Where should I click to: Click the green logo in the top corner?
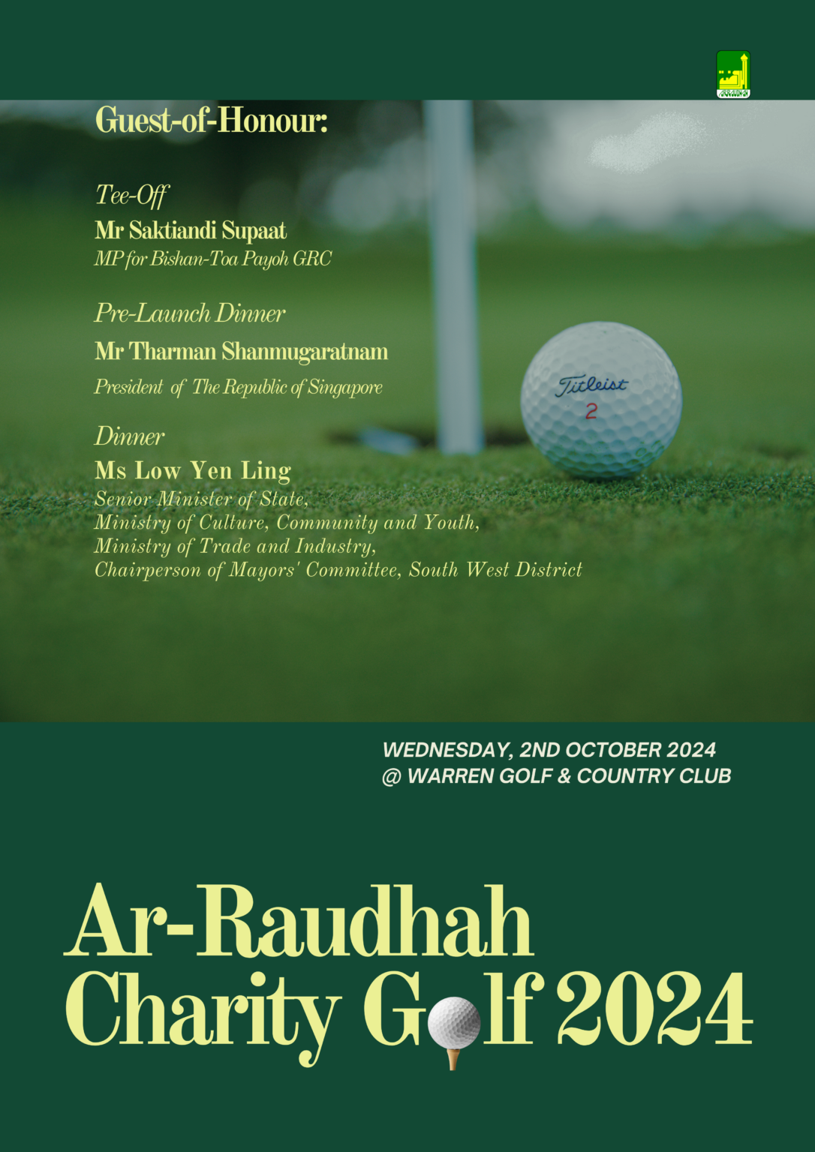click(733, 74)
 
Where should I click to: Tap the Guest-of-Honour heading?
click(211, 121)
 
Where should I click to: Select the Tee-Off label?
click(132, 195)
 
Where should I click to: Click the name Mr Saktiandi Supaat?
click(191, 230)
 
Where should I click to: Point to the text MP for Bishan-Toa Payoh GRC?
click(212, 259)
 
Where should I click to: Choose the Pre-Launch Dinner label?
click(190, 313)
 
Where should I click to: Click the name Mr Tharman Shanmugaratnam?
click(241, 351)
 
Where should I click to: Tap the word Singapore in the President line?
click(345, 388)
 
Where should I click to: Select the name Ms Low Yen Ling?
click(193, 471)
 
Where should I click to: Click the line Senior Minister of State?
click(201, 499)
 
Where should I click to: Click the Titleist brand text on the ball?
click(591, 385)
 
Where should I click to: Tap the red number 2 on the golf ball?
click(591, 411)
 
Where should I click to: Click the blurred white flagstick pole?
click(453, 277)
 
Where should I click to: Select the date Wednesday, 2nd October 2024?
click(549, 750)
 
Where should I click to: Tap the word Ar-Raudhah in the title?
click(299, 922)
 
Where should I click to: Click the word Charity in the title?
click(203, 1011)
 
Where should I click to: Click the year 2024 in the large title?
click(654, 1011)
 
